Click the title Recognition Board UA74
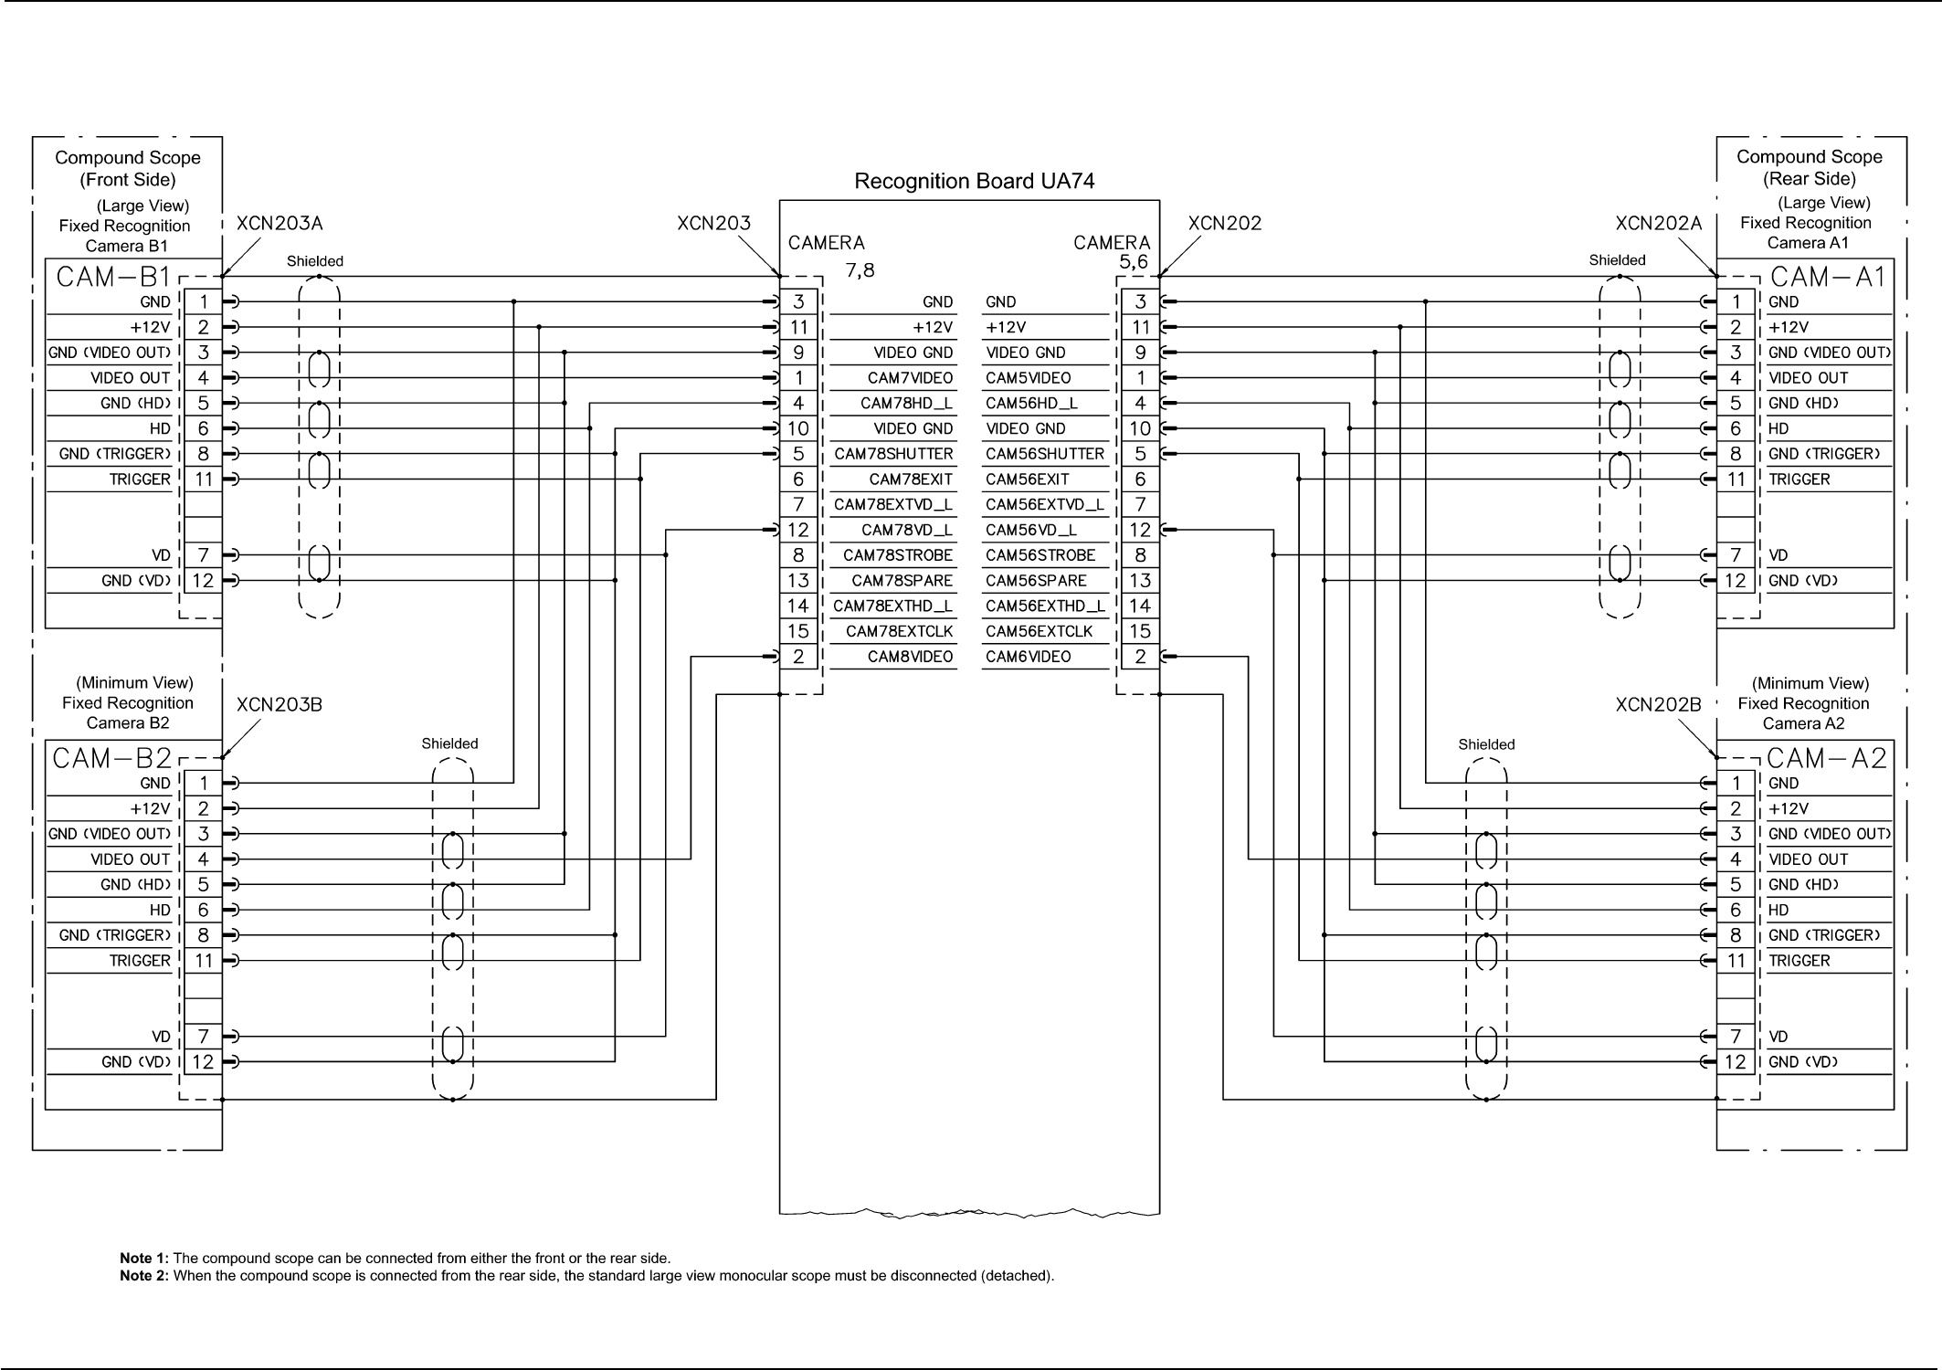click(974, 182)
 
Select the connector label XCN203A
click(280, 224)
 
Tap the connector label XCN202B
click(1658, 705)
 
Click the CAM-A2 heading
click(1827, 758)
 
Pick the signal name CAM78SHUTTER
click(893, 454)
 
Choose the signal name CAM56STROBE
click(1040, 555)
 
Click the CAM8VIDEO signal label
click(910, 657)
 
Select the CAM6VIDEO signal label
click(1028, 657)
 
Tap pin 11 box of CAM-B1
click(204, 479)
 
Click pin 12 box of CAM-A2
click(1736, 1062)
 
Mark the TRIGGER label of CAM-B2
click(140, 961)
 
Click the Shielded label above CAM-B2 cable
click(449, 744)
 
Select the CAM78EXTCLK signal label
click(899, 631)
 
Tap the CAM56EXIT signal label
click(1027, 479)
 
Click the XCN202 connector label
click(1224, 224)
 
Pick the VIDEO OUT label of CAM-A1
click(1808, 378)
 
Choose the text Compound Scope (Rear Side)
click(1809, 168)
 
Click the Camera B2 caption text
click(128, 723)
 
